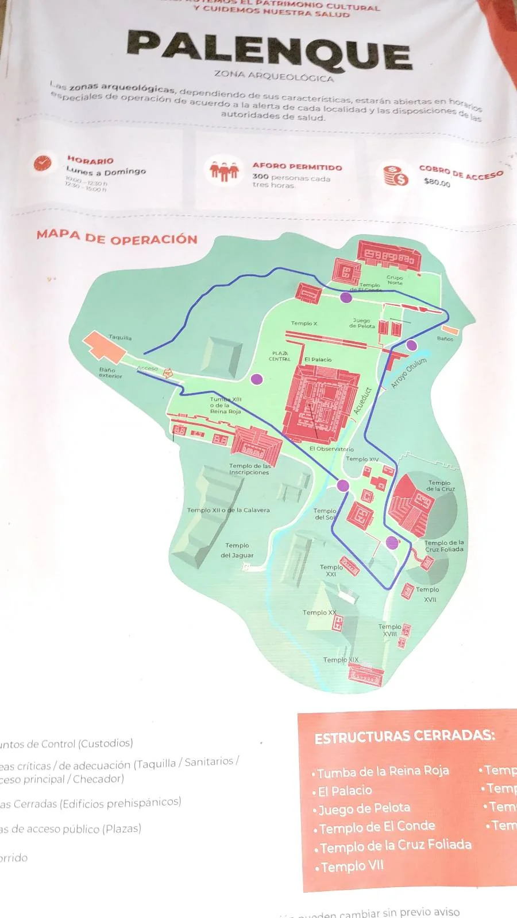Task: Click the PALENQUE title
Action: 269,50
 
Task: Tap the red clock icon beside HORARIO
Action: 42,162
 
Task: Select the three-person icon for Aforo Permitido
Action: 223,170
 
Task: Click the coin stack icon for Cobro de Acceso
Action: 395,175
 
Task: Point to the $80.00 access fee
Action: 437,182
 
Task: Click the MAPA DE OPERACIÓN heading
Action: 117,238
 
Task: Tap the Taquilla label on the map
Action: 120,338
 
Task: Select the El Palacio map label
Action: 318,360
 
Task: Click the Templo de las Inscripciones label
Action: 249,469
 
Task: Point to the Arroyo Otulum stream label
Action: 408,374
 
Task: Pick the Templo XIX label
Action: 340,660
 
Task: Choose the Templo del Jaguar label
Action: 237,550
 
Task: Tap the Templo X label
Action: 303,324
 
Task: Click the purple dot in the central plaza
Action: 257,379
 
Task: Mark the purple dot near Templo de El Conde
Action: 346,297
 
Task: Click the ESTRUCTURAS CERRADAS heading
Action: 404,736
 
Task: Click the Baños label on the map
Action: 445,339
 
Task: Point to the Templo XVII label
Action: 428,594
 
